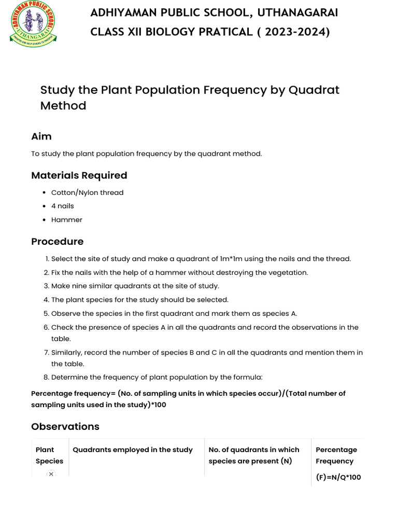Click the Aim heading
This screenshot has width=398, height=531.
point(41,136)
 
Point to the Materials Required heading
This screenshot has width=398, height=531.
point(79,175)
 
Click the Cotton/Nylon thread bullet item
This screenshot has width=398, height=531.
point(87,192)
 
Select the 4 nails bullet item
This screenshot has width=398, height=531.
point(62,206)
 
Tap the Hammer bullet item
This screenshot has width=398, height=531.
point(66,220)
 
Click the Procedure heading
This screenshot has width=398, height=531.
point(57,242)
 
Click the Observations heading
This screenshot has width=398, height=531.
point(65,427)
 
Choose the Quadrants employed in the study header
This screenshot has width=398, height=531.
point(133,450)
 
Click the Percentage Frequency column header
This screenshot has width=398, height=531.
point(336,455)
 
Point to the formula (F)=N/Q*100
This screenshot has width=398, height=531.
point(338,477)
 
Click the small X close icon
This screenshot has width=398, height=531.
point(51,474)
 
